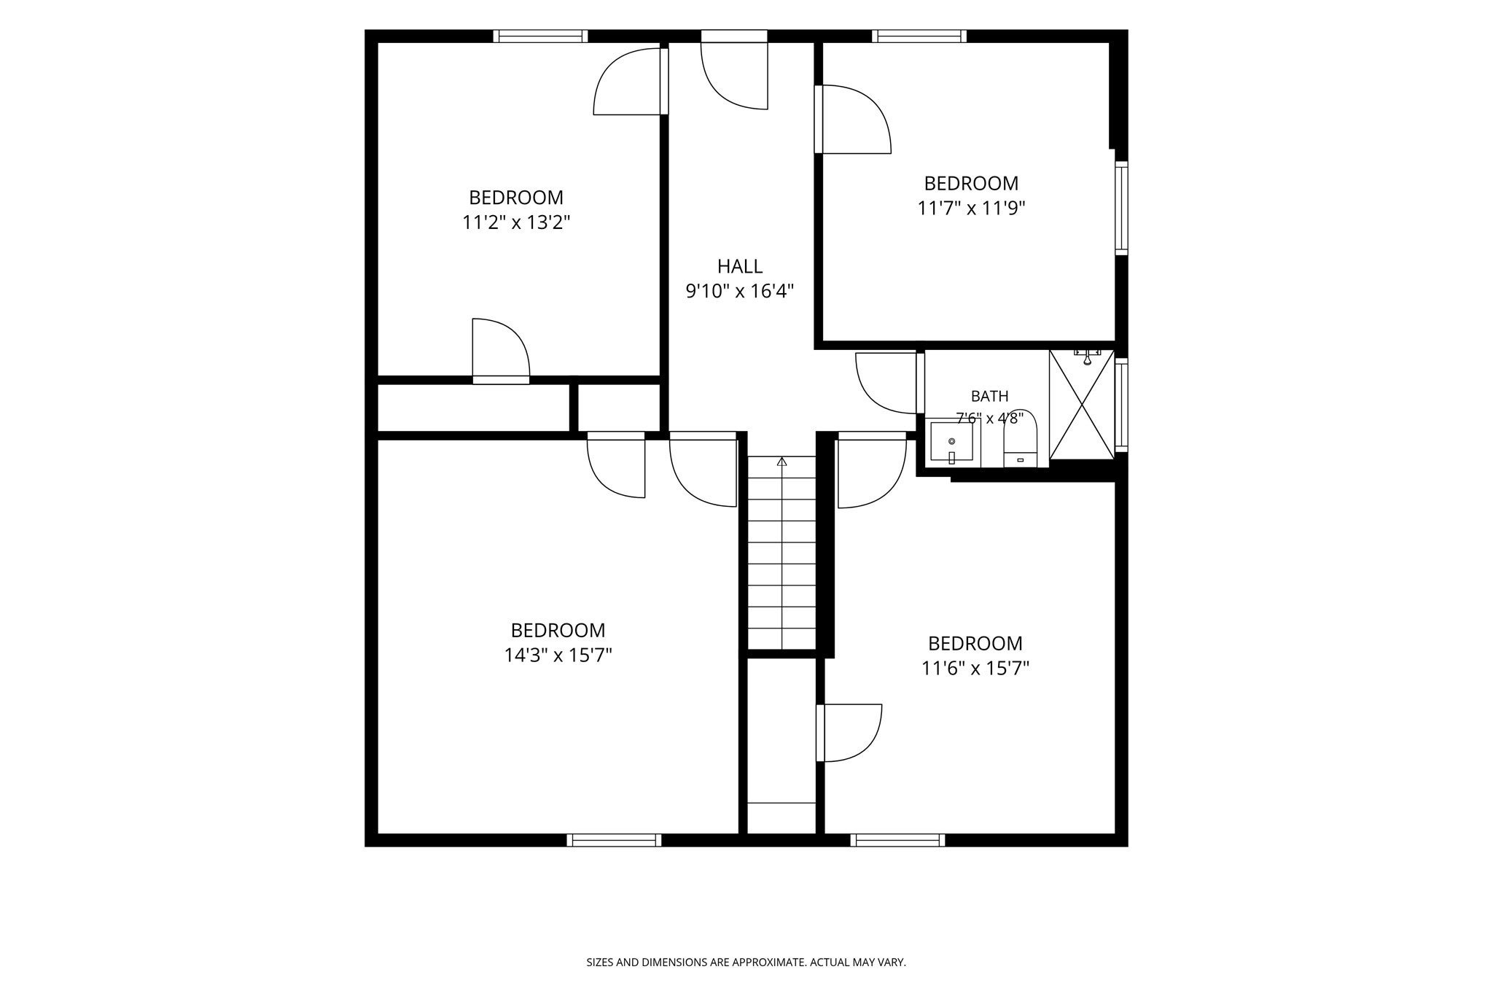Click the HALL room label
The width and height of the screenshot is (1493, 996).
click(739, 266)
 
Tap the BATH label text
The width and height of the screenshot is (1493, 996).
click(989, 397)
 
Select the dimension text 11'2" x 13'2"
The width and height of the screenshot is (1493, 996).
click(516, 222)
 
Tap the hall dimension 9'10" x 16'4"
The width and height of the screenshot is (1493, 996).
click(739, 292)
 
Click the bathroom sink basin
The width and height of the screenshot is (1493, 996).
click(951, 441)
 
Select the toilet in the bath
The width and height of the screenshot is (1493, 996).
click(1020, 438)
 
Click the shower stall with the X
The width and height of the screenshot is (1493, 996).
click(1082, 405)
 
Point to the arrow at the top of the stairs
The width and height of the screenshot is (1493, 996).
click(782, 461)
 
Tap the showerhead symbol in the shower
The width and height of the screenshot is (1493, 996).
click(1087, 357)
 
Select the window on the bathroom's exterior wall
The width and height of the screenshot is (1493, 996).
click(1122, 405)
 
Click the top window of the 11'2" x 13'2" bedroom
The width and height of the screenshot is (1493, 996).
click(540, 36)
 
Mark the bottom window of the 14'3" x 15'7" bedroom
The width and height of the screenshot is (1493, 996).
click(614, 840)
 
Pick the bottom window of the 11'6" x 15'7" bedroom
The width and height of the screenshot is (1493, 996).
click(897, 840)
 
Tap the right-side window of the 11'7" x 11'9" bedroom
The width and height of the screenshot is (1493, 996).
click(1122, 208)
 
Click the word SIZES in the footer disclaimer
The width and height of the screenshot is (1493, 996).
click(600, 962)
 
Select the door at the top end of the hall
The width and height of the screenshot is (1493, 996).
click(734, 70)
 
